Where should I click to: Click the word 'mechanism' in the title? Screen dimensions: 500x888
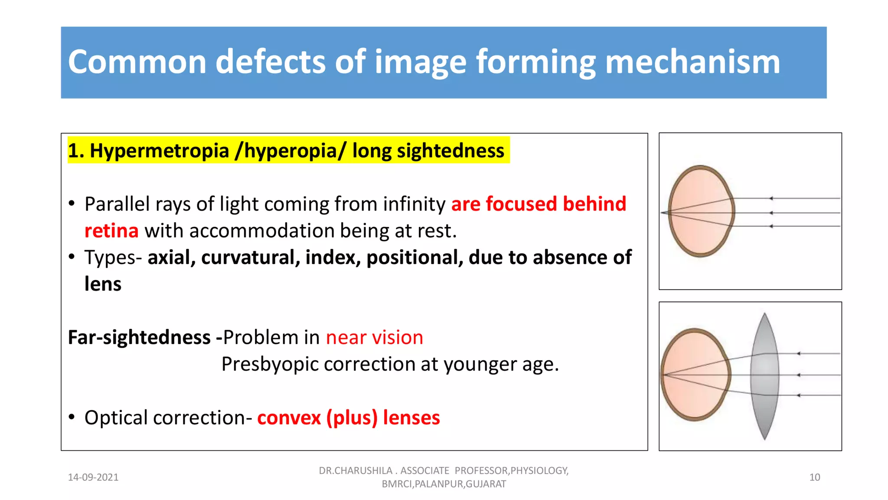coord(692,62)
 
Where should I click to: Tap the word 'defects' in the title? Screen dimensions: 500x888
coord(270,62)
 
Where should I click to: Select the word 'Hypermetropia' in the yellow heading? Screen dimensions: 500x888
coord(159,151)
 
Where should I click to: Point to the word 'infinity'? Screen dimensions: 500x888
coord(414,204)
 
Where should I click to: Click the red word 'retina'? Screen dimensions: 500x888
coord(111,231)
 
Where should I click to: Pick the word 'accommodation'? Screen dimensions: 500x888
coord(261,231)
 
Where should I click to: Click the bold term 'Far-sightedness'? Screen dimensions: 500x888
coord(139,337)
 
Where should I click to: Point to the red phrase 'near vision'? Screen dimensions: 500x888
coord(374,337)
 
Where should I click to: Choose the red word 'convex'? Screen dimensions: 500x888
coord(289,418)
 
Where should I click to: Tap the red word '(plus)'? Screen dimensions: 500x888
coord(352,418)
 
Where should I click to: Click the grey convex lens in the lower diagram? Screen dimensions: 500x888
coord(765,376)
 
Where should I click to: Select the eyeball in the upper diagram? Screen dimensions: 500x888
coord(701,211)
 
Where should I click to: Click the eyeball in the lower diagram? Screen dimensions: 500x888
coord(695,375)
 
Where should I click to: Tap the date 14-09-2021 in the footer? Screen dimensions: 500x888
coord(93,477)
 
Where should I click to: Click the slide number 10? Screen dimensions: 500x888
coord(814,477)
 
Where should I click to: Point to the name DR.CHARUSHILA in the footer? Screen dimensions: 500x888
coord(356,470)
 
